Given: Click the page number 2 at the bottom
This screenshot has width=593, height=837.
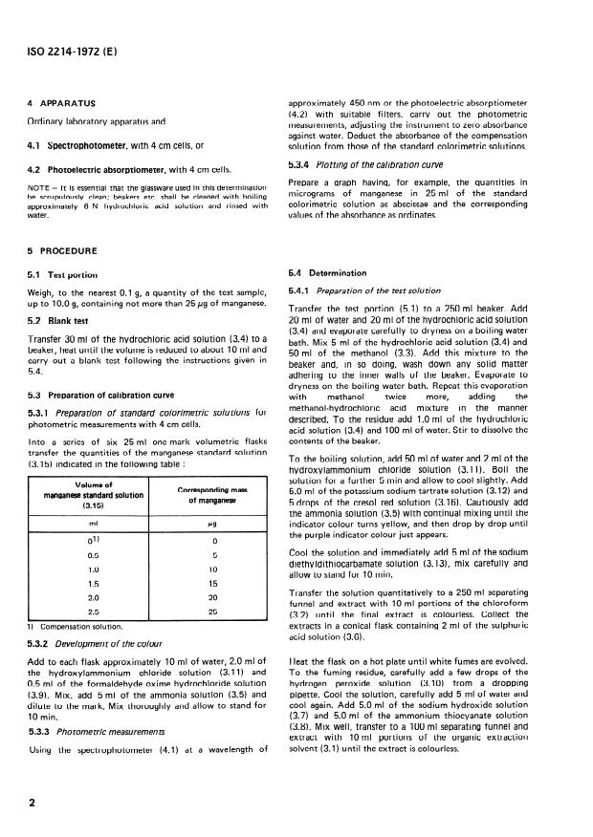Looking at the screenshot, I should [x=32, y=804].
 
